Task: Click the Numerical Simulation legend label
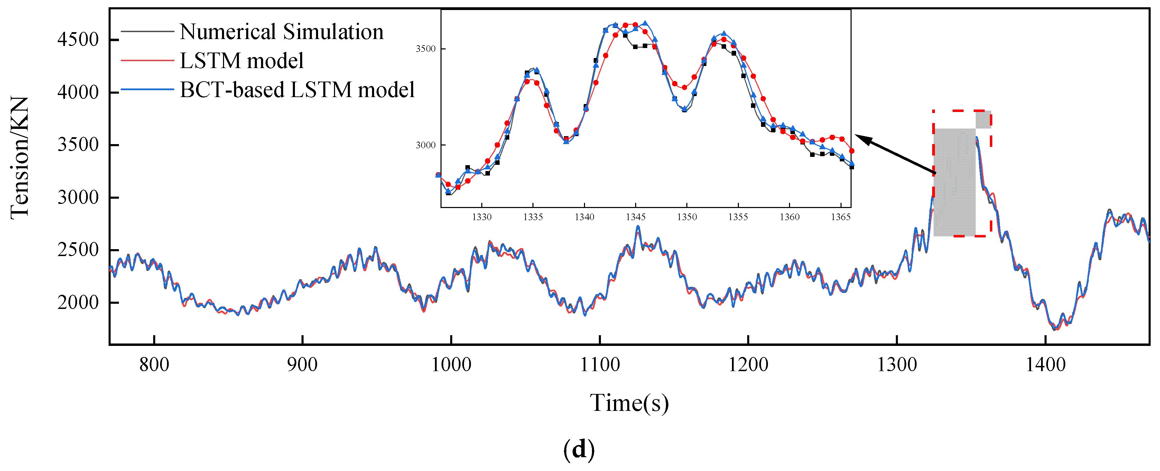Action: pos(281,32)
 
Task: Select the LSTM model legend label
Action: pos(242,61)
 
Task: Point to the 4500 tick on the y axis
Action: pos(78,40)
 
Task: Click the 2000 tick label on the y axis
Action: pos(78,303)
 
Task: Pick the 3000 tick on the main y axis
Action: pos(78,197)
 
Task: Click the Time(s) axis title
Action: pos(629,403)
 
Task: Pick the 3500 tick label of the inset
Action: pos(426,49)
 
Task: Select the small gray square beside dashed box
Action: pos(983,120)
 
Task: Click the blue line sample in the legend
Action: pos(147,90)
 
